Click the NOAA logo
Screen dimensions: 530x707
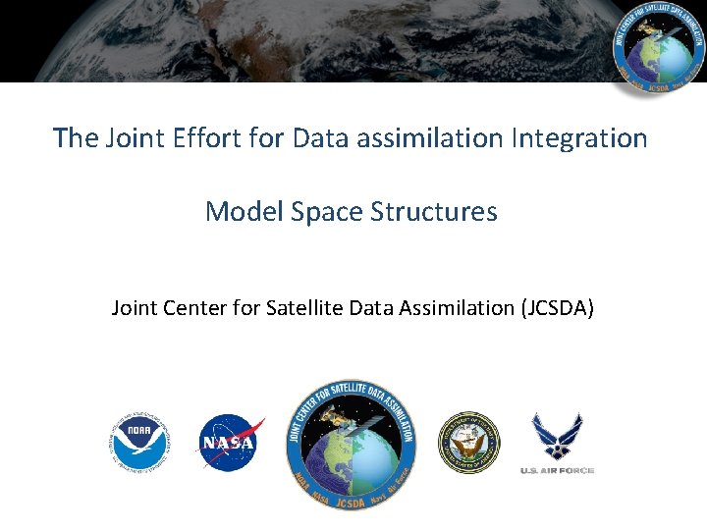tap(140, 443)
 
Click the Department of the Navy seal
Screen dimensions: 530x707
tap(468, 443)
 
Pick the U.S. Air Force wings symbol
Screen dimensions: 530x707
tap(557, 437)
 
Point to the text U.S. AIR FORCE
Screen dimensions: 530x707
tap(557, 471)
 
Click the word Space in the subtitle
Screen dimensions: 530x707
tap(321, 212)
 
